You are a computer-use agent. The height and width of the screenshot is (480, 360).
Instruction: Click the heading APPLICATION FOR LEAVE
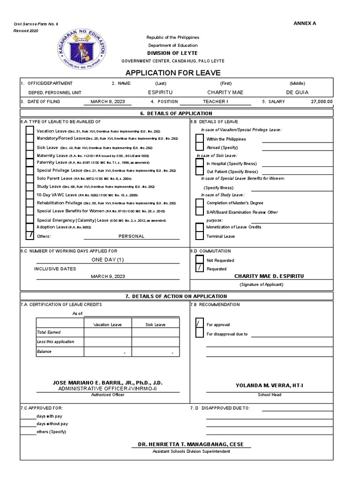pos(172,73)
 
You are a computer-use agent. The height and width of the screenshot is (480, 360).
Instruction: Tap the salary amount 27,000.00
pos(322,101)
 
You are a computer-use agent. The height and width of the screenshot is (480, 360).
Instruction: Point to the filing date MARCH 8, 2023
pos(105,101)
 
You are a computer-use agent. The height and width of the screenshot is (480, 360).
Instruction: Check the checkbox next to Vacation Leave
pos(30,131)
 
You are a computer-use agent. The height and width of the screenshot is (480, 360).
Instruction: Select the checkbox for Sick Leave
pos(30,147)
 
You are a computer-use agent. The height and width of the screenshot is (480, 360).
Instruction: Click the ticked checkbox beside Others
pos(30,235)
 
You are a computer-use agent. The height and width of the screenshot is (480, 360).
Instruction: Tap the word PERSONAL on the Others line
pos(131,236)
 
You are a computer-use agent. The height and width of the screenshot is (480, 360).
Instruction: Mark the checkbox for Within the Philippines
pos(200,139)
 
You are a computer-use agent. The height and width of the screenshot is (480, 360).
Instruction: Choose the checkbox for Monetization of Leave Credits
pos(200,227)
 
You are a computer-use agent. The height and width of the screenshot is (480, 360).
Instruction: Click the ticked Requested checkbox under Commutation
pos(200,269)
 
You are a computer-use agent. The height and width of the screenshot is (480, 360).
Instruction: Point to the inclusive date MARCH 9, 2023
pos(108,276)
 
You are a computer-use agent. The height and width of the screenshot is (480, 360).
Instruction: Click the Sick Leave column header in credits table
pos(156,324)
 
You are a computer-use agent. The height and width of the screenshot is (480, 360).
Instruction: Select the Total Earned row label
pos(49,332)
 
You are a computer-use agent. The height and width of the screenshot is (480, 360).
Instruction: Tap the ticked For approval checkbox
pos(200,324)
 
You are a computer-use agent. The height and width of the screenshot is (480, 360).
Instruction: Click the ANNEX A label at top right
pos(305,23)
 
